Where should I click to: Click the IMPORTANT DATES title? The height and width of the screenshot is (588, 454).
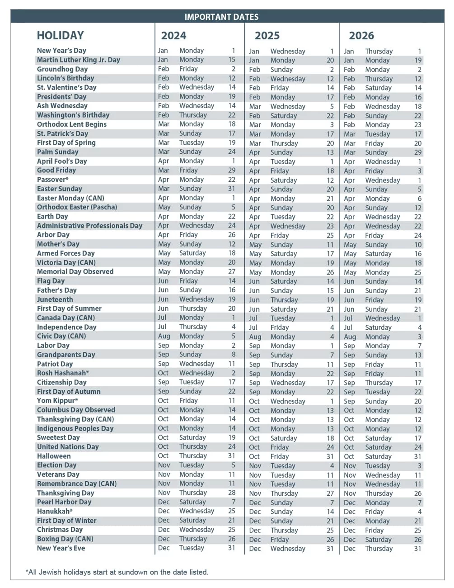tap(221, 17)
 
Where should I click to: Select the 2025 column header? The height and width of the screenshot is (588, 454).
tap(267, 36)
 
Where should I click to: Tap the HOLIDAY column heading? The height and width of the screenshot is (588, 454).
tap(61, 36)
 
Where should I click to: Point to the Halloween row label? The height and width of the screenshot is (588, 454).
tap(54, 456)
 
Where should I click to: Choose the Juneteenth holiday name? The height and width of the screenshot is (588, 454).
tap(55, 299)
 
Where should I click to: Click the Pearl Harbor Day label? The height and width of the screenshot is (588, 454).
tap(64, 502)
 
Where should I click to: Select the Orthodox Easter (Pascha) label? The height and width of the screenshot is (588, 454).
tap(77, 207)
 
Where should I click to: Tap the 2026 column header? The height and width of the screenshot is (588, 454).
tap(361, 36)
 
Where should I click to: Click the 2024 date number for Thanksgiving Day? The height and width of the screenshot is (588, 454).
tap(232, 493)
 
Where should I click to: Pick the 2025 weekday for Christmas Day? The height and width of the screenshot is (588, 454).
tap(284, 530)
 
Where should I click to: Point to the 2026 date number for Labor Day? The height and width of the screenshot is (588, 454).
tap(419, 346)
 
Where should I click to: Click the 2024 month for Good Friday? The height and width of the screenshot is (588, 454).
tap(164, 171)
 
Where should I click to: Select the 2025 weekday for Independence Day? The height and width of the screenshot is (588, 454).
tap(280, 327)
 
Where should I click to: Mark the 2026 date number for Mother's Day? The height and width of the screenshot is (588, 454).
tap(418, 245)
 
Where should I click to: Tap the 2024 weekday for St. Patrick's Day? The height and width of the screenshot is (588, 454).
tap(191, 133)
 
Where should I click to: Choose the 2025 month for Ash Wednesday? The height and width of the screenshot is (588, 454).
tap(255, 107)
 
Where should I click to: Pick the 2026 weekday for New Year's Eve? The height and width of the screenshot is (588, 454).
tap(379, 549)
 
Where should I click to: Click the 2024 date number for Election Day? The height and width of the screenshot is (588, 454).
tap(233, 465)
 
